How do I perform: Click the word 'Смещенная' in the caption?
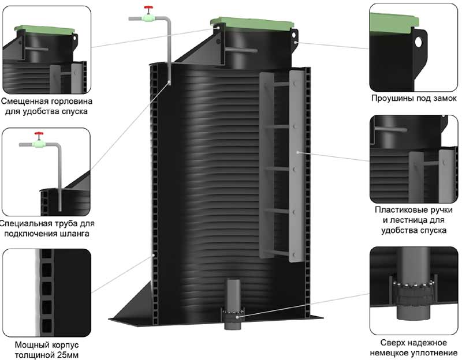coord(28,101)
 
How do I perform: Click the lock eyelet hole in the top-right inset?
coord(418,42)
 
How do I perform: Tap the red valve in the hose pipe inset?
coord(39,137)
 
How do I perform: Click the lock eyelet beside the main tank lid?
coord(295,42)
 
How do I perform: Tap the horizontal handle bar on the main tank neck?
coord(237,50)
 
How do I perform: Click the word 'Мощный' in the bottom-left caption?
coord(29,345)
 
